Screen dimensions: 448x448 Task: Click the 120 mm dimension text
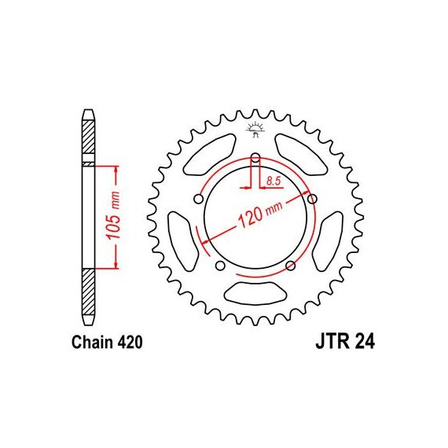(x=260, y=215)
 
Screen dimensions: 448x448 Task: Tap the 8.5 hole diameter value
(x=274, y=181)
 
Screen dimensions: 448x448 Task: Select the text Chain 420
(x=107, y=342)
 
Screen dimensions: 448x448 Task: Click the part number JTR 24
(x=345, y=342)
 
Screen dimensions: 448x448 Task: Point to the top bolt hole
(x=255, y=157)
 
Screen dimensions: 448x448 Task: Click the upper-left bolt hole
(x=199, y=199)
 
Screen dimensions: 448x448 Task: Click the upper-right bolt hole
(x=312, y=199)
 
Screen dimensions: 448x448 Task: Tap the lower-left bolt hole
(x=220, y=266)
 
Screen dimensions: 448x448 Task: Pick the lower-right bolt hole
(x=291, y=266)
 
